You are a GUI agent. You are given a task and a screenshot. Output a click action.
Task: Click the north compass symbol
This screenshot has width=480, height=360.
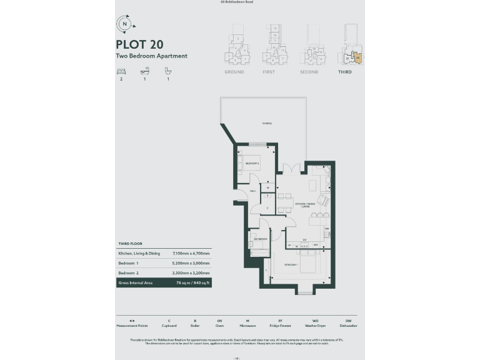click(x=125, y=24)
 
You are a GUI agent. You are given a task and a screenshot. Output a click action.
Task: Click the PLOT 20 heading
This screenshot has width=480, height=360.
click(x=139, y=44)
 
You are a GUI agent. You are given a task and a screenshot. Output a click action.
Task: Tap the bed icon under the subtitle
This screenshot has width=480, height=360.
click(x=121, y=71)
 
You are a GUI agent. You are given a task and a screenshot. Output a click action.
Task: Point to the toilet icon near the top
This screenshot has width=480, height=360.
click(x=167, y=71)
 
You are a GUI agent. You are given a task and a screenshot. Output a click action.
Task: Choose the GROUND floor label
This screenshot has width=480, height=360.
click(x=234, y=72)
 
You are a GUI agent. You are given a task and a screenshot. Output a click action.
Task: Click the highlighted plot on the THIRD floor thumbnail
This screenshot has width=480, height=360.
click(x=357, y=58)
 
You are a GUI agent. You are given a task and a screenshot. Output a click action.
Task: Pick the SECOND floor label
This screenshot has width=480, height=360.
click(x=309, y=72)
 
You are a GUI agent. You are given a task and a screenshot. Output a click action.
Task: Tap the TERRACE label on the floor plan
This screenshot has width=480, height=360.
click(x=267, y=124)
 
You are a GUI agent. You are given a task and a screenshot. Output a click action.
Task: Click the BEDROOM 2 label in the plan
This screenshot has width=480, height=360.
click(x=252, y=163)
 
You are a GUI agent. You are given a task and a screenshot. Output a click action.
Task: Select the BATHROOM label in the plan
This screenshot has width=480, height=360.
click(x=259, y=239)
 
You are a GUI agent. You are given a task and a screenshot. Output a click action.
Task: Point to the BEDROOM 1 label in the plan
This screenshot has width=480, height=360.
click(x=292, y=265)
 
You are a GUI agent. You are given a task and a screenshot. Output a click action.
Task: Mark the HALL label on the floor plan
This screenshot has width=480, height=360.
click(x=252, y=191)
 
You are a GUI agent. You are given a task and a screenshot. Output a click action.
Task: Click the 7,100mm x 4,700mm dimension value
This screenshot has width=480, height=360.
click(x=191, y=254)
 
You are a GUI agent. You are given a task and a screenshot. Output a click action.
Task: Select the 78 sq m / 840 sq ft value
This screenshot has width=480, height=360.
click(x=191, y=282)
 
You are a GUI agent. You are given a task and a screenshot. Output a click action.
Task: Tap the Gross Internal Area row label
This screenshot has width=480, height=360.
click(x=136, y=282)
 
